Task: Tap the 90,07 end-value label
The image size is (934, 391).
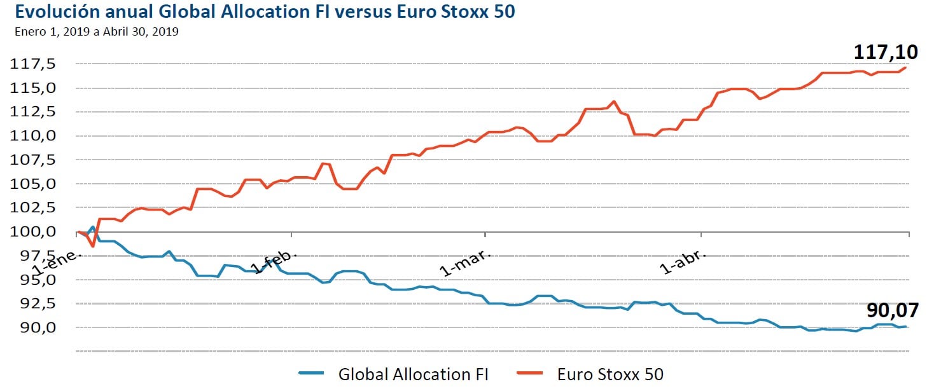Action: (893, 310)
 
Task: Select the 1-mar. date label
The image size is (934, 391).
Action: (466, 263)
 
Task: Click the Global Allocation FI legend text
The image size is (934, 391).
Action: (413, 374)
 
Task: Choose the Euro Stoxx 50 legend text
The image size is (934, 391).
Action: (610, 374)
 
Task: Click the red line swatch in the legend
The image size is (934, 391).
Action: (528, 373)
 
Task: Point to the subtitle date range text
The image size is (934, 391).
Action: (96, 31)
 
